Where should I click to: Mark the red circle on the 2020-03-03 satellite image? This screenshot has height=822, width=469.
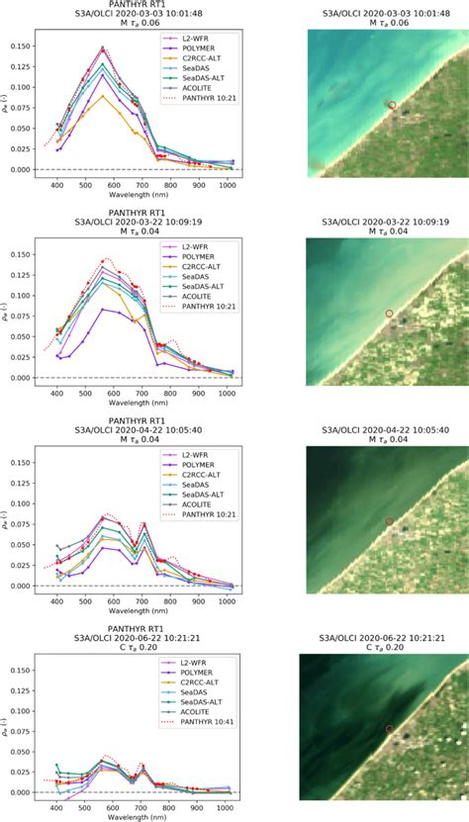(x=392, y=105)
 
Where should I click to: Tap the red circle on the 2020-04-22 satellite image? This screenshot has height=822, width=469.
(x=389, y=521)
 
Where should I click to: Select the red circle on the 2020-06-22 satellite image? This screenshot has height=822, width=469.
(x=389, y=729)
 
